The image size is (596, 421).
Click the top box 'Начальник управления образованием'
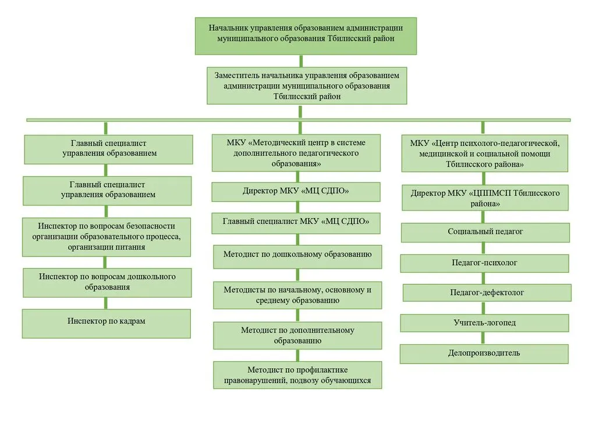[x=306, y=35]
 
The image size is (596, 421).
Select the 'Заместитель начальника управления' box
[x=307, y=86]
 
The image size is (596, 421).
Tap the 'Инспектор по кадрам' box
[x=107, y=323]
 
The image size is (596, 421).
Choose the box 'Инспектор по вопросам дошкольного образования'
[x=107, y=283]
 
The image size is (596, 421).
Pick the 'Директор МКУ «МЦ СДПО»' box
[x=296, y=192]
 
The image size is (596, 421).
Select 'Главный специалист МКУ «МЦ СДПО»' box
[x=296, y=223]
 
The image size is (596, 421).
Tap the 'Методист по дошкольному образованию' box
[x=297, y=256]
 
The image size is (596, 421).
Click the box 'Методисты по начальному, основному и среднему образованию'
[x=297, y=295]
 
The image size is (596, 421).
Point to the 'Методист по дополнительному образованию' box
[x=297, y=335]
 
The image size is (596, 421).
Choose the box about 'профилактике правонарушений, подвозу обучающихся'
[x=297, y=374]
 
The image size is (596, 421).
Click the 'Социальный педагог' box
[x=485, y=233]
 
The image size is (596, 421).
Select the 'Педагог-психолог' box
[x=485, y=263]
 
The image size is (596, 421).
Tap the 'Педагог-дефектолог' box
[x=487, y=292]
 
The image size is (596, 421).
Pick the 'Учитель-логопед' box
[x=485, y=323]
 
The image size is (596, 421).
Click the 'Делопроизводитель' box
[x=484, y=354]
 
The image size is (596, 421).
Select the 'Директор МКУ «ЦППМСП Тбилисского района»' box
[x=485, y=198]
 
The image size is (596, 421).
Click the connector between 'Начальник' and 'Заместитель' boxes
[x=301, y=61]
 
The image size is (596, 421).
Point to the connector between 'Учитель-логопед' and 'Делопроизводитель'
[x=483, y=338]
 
